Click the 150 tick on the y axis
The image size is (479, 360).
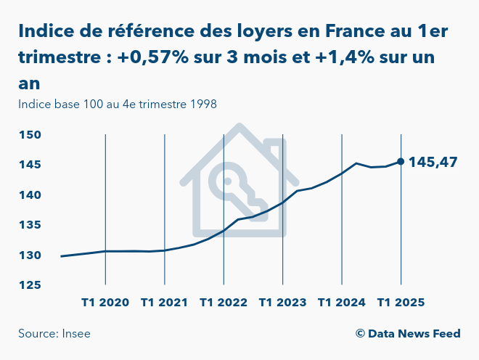point(30,135)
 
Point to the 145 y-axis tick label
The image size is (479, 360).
point(30,165)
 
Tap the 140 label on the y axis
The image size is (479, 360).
point(30,195)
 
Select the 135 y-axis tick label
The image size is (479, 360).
point(30,225)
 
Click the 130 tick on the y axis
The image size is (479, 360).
point(30,255)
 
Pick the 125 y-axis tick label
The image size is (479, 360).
point(30,285)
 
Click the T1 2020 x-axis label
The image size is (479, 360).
point(105,302)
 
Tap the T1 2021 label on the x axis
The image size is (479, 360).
point(165,302)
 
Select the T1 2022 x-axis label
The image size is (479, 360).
point(224,302)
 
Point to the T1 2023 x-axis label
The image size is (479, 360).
point(282,302)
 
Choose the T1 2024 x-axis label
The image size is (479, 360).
point(342,302)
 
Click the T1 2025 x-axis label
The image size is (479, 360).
point(401,302)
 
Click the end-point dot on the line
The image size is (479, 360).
point(401,161)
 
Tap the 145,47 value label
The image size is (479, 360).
point(433,162)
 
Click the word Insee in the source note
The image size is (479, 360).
point(75,334)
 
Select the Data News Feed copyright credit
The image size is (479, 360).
point(408,334)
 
